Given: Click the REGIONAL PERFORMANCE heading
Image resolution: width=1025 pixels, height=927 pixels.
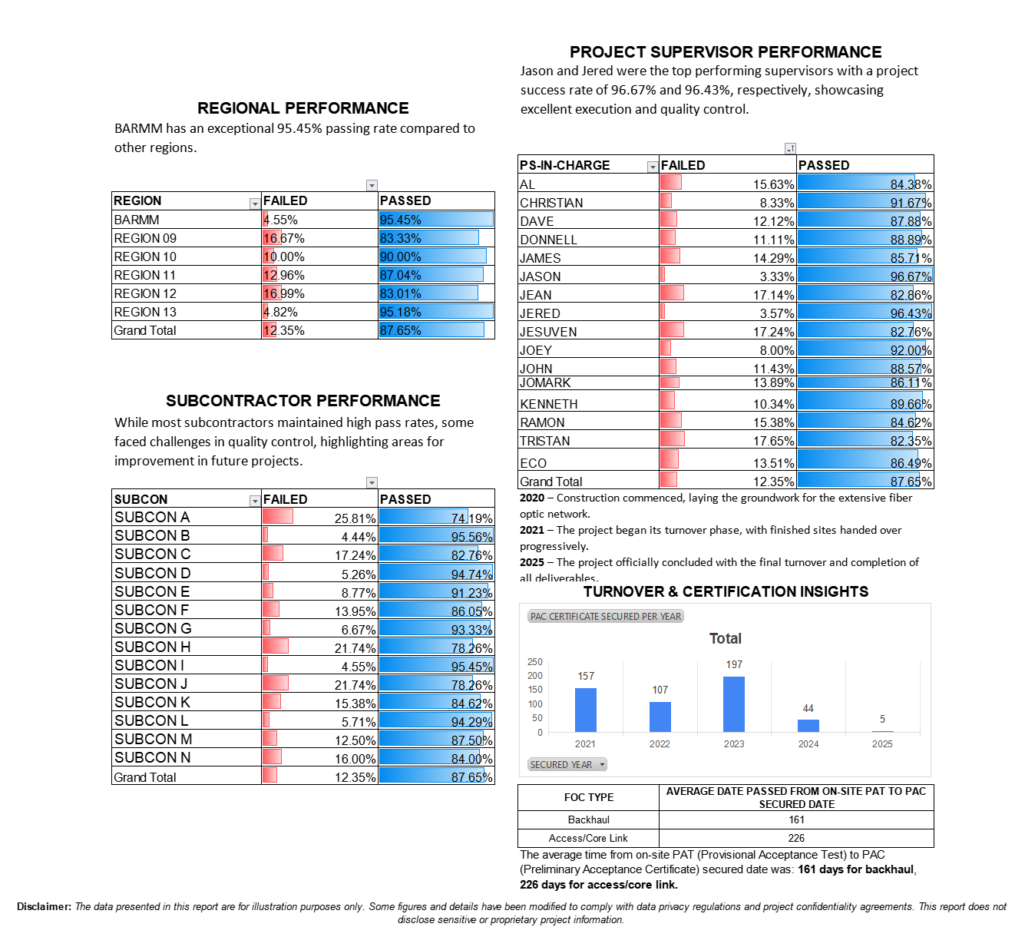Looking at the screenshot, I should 303,108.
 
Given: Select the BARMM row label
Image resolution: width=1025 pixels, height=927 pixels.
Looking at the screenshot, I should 137,220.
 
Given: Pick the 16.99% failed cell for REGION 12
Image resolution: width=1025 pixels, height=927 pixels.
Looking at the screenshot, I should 284,293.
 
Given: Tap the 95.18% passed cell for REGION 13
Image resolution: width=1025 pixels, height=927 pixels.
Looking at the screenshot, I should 401,312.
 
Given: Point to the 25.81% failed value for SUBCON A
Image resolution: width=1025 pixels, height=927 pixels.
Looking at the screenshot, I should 355,518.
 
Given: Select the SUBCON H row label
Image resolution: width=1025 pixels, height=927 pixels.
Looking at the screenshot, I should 152,647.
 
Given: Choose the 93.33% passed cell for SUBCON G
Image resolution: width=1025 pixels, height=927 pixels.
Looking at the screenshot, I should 471,630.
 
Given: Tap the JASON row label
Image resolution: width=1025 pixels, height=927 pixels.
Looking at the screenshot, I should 540,276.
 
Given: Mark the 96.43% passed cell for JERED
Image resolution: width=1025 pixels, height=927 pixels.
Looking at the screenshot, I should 910,313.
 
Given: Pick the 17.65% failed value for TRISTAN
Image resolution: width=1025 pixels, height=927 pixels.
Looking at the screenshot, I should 773,441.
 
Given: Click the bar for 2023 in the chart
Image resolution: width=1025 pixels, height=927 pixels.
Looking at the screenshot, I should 734,704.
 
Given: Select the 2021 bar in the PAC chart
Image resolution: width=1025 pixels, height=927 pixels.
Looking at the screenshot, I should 586,710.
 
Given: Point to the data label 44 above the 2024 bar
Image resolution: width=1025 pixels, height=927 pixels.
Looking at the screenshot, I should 808,708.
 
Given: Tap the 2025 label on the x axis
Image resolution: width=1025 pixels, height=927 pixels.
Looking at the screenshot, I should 882,743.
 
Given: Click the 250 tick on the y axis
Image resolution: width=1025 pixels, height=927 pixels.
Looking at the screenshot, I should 534,662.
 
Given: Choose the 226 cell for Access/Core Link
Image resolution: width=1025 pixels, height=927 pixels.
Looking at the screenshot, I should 796,838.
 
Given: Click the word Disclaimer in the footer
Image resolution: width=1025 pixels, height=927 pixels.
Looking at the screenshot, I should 44,906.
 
